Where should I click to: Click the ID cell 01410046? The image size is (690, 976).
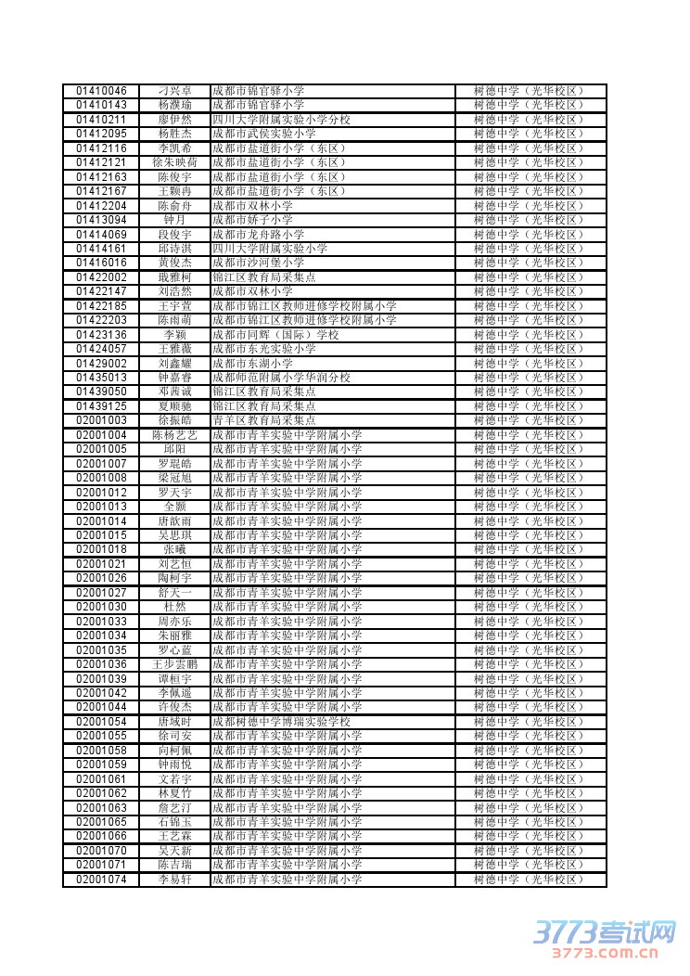101,91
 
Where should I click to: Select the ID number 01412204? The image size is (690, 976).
101,206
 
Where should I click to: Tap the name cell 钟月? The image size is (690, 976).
174,220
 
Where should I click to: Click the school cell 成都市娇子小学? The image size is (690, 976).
252,220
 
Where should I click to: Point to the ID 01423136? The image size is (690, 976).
101,335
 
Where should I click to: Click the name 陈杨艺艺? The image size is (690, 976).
174,435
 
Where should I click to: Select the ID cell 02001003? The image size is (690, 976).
101,421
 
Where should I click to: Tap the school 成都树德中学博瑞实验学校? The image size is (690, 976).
281,722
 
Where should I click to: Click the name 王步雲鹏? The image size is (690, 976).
174,664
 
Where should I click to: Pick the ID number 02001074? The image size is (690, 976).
101,880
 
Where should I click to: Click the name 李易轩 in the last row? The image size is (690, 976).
174,880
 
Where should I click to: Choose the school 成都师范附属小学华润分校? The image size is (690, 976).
281,378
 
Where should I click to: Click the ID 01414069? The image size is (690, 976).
101,235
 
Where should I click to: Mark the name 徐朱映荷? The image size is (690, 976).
174,162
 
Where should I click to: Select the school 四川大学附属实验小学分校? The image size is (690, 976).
281,120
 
